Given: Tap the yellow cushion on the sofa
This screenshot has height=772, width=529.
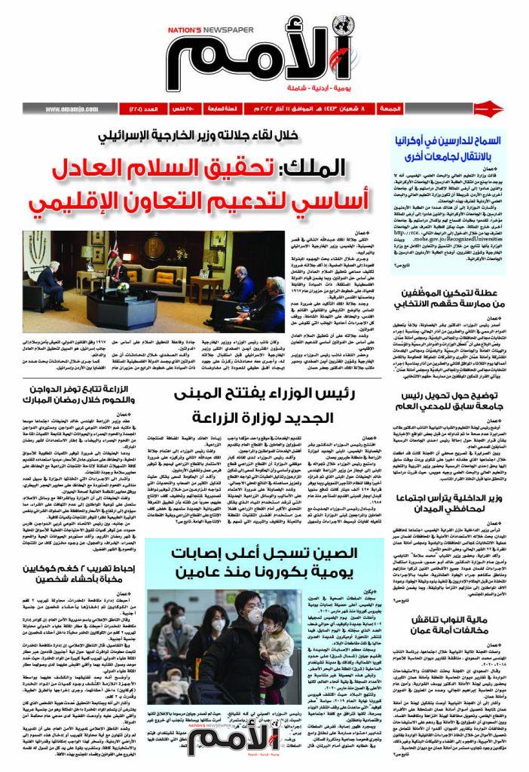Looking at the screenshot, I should pos(150,276).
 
